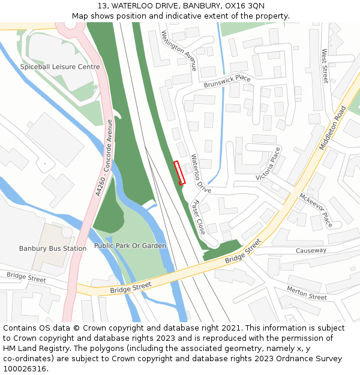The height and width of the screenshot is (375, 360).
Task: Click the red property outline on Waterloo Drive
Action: tap(179, 173)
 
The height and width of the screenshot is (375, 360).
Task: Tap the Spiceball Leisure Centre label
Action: tap(60, 67)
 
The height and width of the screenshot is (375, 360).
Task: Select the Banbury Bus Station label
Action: tap(53, 248)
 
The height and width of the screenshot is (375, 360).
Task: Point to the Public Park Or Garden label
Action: tap(130, 246)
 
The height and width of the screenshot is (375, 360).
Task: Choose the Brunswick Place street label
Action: tap(227, 81)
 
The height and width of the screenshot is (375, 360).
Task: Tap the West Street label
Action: tap(325, 66)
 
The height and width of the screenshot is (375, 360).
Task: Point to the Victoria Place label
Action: tap(268, 164)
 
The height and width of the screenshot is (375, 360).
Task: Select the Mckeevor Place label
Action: tap(316, 209)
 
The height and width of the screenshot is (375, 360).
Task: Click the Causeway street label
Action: tap(311, 250)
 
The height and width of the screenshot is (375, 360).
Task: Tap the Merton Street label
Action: tap(306, 293)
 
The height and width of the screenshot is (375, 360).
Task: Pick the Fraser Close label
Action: tap(197, 217)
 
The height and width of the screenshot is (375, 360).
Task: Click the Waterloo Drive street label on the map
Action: tap(200, 173)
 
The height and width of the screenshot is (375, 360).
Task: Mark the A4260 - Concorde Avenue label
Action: tap(104, 157)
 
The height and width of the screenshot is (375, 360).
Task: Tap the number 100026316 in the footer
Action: tap(26, 369)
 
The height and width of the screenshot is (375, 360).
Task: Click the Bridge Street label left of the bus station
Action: tap(26, 277)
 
